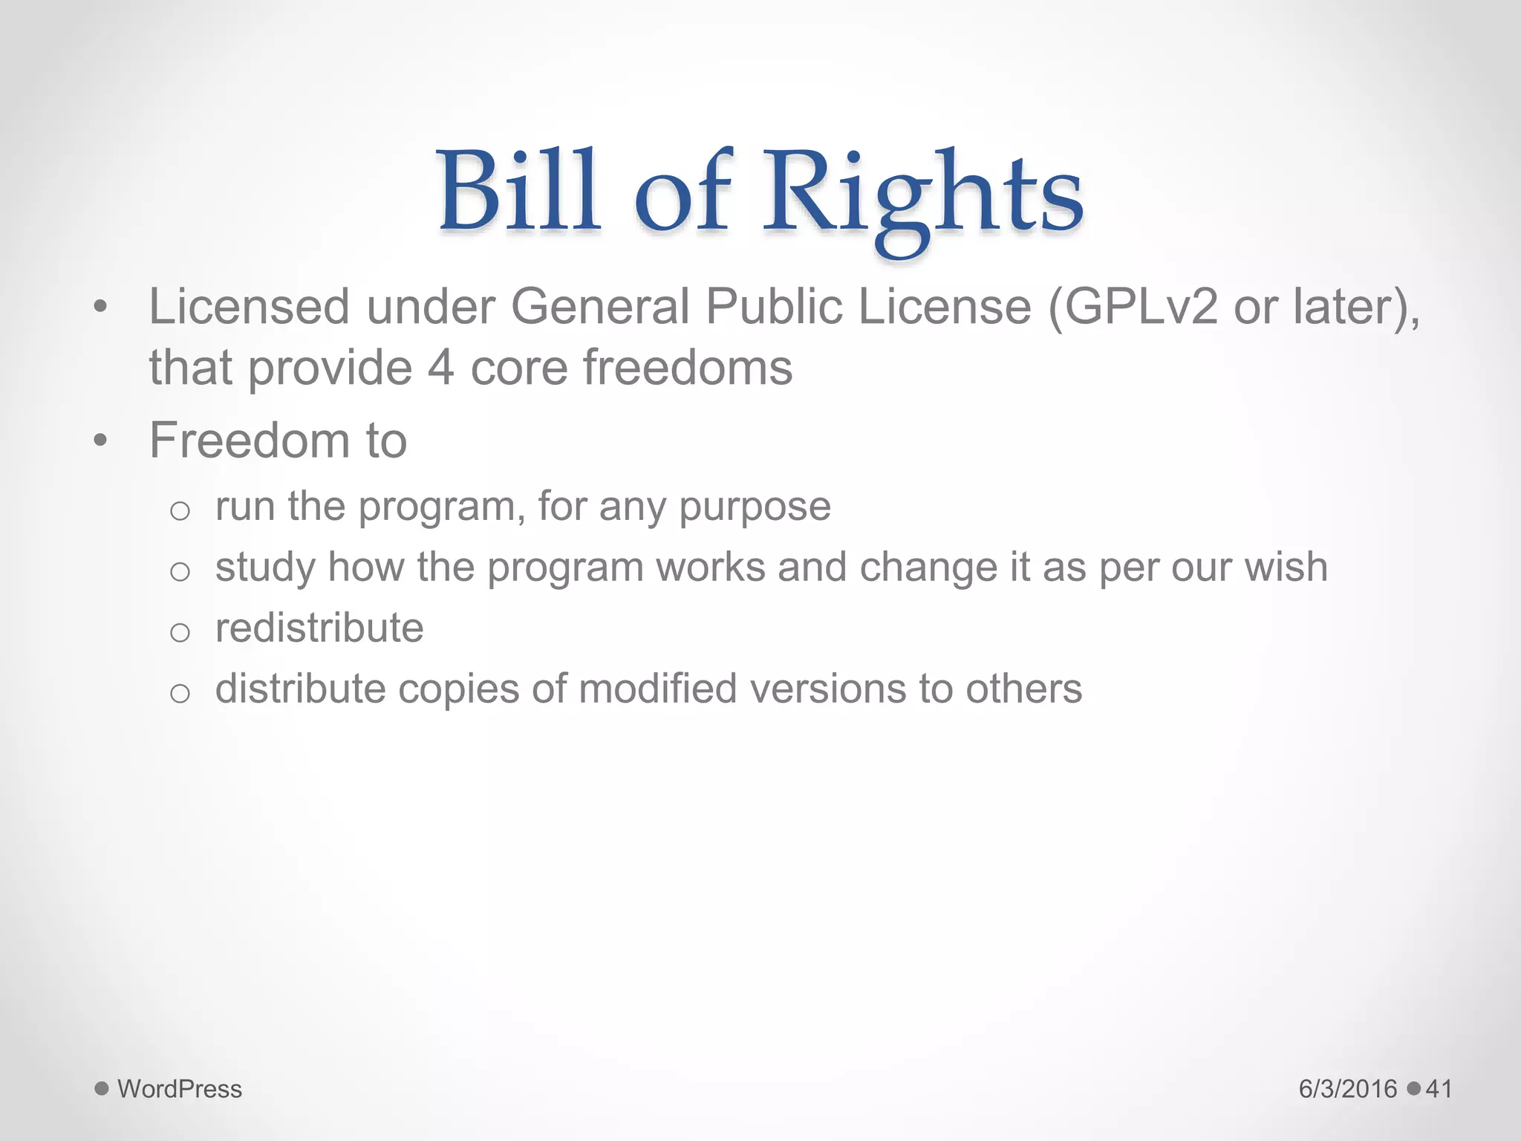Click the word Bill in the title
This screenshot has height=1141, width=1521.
(518, 192)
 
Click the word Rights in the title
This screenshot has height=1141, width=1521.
(923, 195)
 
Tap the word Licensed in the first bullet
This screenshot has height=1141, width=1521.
(249, 306)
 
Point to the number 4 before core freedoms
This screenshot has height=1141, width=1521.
(440, 368)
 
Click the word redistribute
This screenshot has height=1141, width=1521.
(319, 628)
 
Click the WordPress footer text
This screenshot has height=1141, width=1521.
(180, 1089)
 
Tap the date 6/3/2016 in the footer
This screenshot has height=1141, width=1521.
(1348, 1089)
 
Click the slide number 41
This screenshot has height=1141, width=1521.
(1439, 1089)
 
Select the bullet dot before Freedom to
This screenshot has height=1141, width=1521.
(101, 441)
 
